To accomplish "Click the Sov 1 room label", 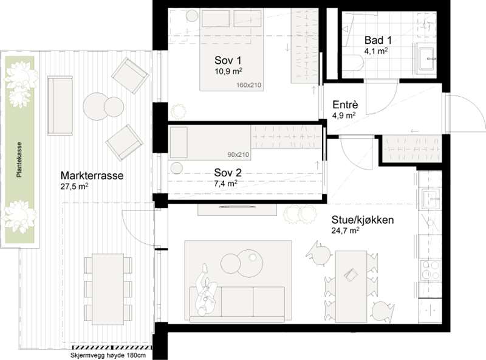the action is coord(228,60).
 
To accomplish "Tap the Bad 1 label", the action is coord(378,40).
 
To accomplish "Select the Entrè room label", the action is coord(345,105).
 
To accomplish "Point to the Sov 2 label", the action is coord(228,173).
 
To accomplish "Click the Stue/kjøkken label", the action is coord(363,220).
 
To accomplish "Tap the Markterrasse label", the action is coord(92,176).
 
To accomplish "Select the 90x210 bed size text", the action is coord(238,154).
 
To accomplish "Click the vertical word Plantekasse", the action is coord(19,160).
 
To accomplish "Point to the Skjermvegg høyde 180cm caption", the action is coord(108,355).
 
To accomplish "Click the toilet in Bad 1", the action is coord(353,63).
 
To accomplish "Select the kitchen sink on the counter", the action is coord(431,199).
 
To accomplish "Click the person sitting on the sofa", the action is coord(206,291).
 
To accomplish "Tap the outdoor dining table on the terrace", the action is coord(108,289).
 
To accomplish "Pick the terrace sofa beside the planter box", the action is coord(60,106).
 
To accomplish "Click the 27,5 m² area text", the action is coord(74,186).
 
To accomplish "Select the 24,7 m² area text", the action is coord(345,230).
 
